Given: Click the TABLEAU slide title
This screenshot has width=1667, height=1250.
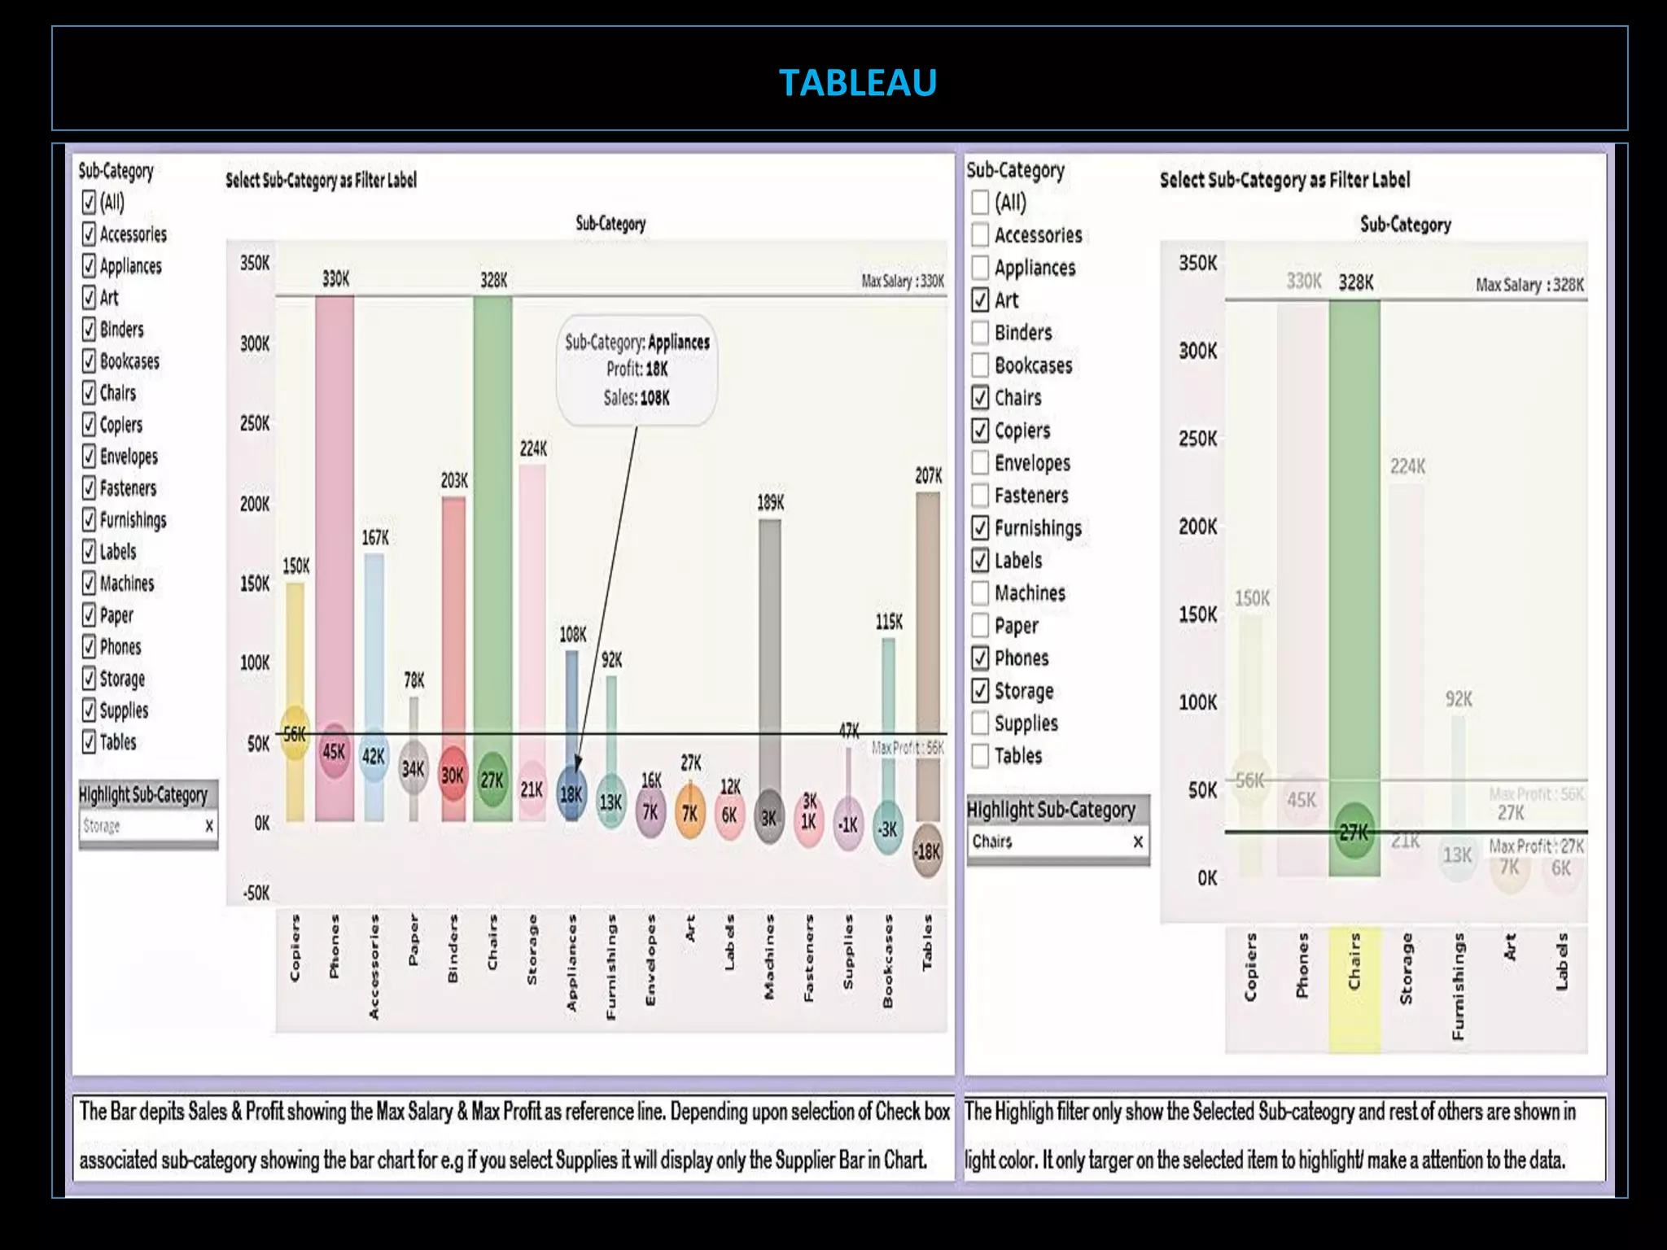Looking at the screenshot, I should tap(857, 82).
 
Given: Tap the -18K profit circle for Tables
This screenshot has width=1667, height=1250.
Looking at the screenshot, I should tap(927, 851).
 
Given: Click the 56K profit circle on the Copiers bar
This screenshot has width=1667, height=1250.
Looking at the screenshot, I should tap(295, 733).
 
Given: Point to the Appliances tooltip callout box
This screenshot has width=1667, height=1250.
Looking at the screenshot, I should tap(637, 370).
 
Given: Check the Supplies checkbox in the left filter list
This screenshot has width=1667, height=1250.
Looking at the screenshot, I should tap(90, 710).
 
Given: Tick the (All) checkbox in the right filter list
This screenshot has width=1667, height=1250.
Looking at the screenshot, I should tap(980, 202).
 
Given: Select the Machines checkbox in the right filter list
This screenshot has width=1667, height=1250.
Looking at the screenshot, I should tap(980, 593).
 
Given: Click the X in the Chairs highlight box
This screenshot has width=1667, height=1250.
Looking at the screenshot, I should tap(1138, 841).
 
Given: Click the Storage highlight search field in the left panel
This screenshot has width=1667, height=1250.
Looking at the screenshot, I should tap(142, 826).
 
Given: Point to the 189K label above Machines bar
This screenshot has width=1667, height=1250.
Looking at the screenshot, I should tap(770, 503).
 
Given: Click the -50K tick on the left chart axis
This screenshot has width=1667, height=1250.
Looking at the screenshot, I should tap(256, 893).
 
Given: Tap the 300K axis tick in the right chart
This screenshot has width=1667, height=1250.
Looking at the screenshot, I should tap(1198, 351).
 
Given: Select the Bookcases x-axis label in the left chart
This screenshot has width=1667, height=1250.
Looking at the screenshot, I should tap(888, 961).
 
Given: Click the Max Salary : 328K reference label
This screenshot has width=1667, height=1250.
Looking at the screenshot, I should tap(1529, 285).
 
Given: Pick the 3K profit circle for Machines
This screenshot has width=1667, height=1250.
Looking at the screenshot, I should tap(769, 817).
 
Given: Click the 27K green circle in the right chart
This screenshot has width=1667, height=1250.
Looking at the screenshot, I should tap(1354, 831).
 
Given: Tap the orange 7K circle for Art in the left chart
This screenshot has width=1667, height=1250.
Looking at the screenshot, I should tap(689, 813).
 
